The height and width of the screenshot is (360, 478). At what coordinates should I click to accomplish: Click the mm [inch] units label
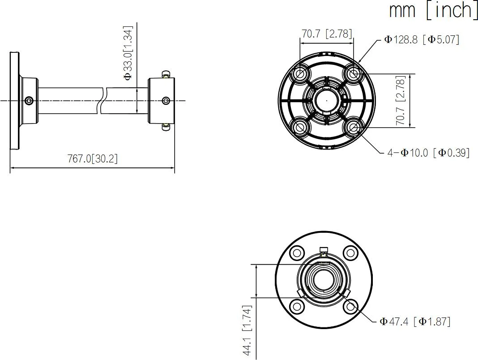coord(433,10)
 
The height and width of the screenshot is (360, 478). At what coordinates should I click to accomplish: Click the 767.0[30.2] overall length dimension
coord(93,159)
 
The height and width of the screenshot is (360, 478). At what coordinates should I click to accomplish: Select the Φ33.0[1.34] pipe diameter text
coord(128,53)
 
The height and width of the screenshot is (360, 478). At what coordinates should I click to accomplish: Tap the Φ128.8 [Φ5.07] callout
coord(422,39)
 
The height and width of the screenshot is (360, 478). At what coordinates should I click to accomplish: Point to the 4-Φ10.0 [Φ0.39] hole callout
coord(428,153)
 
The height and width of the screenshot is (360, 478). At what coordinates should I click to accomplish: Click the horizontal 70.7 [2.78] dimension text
coord(327,34)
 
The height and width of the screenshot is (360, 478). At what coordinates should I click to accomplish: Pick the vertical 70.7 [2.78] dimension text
coord(401,100)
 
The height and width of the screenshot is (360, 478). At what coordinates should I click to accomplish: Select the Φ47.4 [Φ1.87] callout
coord(415,321)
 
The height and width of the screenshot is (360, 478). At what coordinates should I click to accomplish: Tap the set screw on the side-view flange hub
coord(29,100)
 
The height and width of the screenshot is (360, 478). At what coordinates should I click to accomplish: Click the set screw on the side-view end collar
coord(166,100)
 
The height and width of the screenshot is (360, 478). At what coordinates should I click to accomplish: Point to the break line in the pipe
coord(102,100)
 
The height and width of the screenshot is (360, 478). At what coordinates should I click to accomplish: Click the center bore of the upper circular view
coord(326,100)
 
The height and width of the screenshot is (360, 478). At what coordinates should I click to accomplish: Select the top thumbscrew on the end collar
coord(166,74)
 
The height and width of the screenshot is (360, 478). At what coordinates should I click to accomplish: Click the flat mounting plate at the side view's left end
coord(15,100)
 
